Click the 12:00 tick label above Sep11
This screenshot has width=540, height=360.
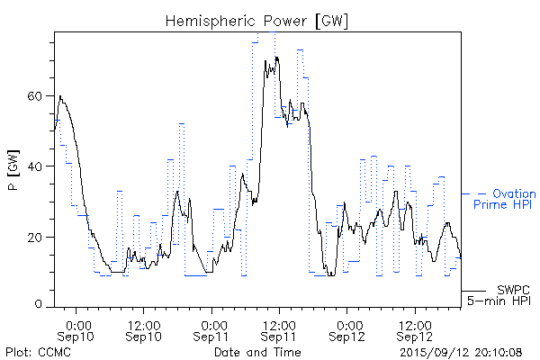(279, 324)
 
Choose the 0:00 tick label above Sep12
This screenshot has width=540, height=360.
(346, 324)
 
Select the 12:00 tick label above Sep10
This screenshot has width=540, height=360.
(144, 324)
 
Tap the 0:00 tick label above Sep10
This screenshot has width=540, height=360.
(78, 324)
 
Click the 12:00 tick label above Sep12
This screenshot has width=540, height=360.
(414, 324)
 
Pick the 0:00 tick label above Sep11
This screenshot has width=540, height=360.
(213, 324)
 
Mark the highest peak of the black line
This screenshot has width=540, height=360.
(277, 57)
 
